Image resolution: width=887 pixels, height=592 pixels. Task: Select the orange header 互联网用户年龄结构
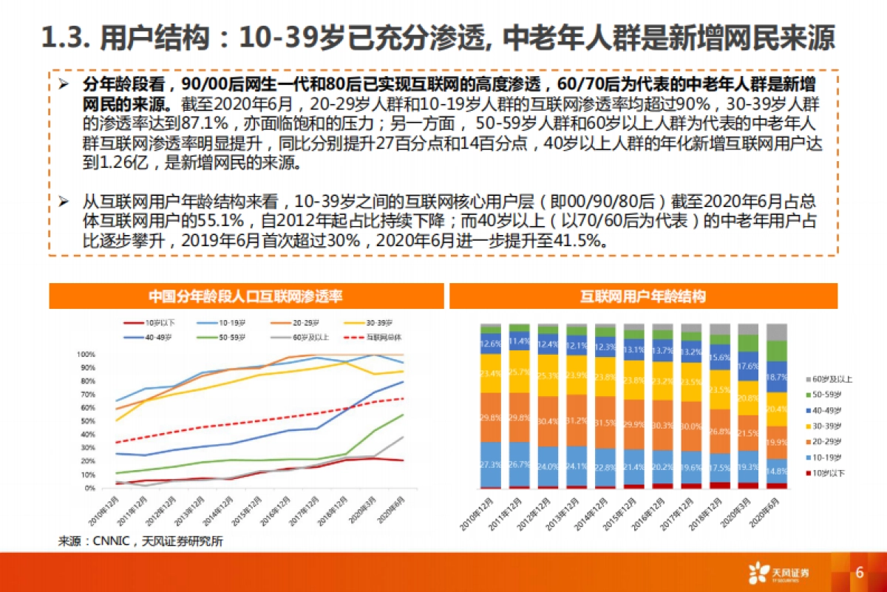(x=642, y=296)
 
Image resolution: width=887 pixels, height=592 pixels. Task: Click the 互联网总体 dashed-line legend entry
(x=378, y=337)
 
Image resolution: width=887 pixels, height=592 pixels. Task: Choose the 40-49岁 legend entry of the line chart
(x=149, y=337)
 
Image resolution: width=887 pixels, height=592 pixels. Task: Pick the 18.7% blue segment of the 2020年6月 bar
(x=777, y=376)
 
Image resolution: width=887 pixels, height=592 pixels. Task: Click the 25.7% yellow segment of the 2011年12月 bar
(x=520, y=372)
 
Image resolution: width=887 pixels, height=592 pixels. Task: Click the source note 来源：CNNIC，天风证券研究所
(x=140, y=541)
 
